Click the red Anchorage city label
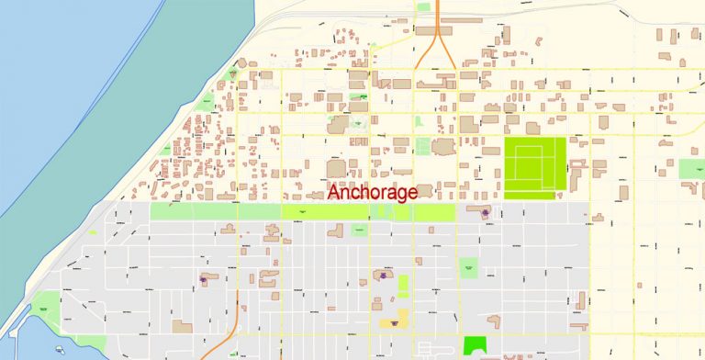click(373, 193)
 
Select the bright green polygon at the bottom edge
click(475, 346)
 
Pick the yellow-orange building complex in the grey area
click(392, 318)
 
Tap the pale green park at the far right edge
click(691, 169)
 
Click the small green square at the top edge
click(423, 6)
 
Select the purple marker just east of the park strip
click(485, 213)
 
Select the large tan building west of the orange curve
click(183, 326)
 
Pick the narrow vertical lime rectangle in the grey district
click(403, 287)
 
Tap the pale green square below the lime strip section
click(359, 229)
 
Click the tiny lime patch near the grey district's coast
click(93, 232)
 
